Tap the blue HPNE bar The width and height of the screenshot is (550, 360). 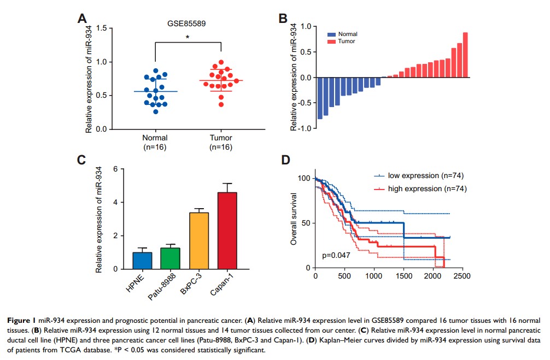coord(142,260)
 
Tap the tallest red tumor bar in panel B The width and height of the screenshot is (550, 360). coord(465,55)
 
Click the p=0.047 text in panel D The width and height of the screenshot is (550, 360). coord(336,255)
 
